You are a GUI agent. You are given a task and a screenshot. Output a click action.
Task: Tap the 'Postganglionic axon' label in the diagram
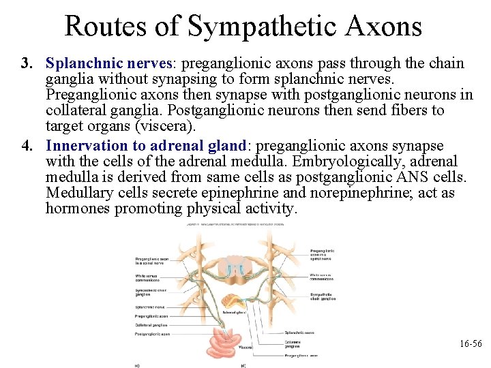point(151,333)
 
